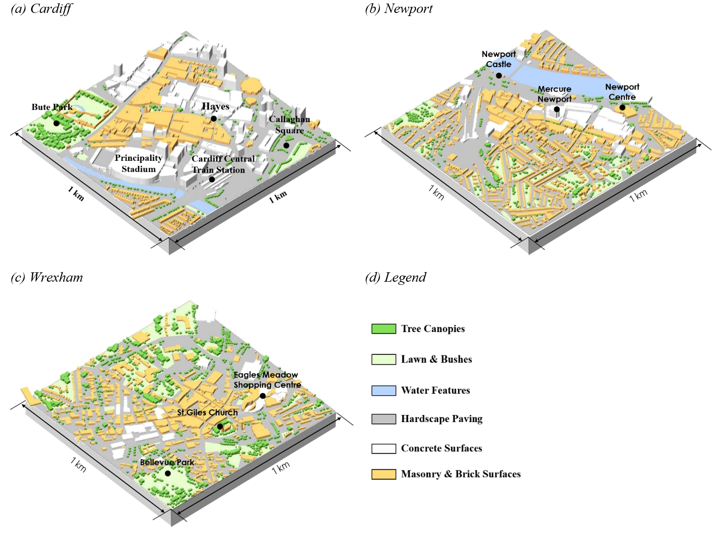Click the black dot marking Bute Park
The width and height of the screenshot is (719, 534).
[56, 123]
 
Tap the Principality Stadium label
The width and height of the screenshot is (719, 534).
[138, 164]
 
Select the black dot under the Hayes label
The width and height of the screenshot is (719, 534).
[214, 119]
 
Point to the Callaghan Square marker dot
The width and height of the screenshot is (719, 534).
[286, 145]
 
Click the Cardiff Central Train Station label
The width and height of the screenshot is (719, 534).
[223, 164]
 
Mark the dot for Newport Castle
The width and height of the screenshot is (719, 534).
[499, 75]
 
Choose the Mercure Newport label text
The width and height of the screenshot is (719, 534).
[554, 94]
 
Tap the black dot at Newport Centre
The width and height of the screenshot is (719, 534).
[622, 107]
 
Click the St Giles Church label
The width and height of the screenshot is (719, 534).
[207, 413]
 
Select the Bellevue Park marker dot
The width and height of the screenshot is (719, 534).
[168, 473]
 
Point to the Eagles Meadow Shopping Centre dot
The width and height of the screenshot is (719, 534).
[263, 396]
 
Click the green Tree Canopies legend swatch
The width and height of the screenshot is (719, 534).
[383, 329]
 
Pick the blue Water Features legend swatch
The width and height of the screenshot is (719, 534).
[383, 390]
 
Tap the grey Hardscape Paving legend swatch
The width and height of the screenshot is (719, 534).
[383, 419]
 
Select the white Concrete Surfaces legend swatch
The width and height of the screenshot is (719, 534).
[383, 448]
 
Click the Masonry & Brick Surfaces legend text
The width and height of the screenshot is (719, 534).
[460, 474]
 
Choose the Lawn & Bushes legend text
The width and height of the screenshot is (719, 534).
[436, 359]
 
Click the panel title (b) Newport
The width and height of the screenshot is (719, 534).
[398, 8]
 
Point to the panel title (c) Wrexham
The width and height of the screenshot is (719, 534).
[47, 277]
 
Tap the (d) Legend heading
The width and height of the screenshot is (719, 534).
[395, 277]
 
